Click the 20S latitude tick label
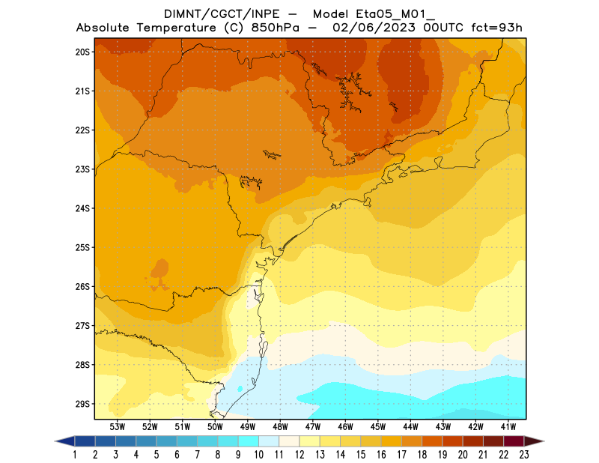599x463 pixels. point(82,52)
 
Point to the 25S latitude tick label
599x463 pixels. point(82,247)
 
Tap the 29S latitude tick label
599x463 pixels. point(82,404)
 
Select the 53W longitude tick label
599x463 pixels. point(118,426)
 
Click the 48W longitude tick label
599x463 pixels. point(281,426)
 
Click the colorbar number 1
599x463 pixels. point(76,454)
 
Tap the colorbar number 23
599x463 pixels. point(523,454)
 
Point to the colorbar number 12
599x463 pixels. point(299,454)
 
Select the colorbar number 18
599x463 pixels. point(422,454)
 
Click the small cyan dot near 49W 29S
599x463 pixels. point(240,389)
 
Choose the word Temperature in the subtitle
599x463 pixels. point(178,28)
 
